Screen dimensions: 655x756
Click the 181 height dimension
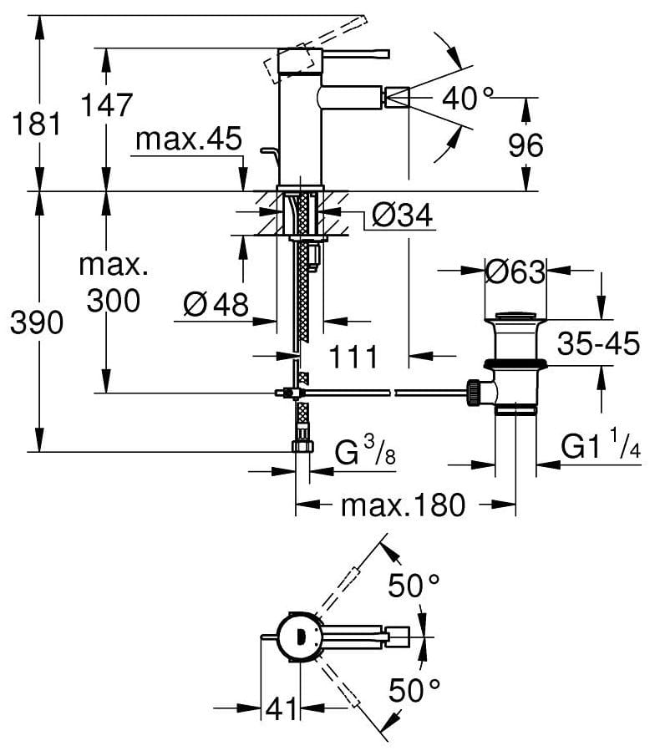coord(37,123)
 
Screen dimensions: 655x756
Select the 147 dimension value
coord(106,104)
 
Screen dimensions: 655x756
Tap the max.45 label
coord(189,139)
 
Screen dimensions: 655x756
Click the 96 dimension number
coord(526,145)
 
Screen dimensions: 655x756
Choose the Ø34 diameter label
coord(402,215)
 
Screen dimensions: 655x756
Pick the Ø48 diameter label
coord(216,305)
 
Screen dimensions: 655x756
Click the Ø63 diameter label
coord(515,272)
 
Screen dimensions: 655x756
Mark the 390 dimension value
coord(37,322)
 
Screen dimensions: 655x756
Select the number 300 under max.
coord(114,301)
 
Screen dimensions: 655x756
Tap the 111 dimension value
coord(353,358)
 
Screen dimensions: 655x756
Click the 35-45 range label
coord(598,343)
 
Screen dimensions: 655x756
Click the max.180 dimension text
coord(404,505)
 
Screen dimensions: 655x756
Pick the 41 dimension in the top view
coord(282,708)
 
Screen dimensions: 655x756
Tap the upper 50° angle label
coord(414,586)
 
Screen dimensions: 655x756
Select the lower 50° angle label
coord(414,690)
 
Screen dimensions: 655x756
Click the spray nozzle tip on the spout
coord(396,98)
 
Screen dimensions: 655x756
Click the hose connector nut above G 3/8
coord(303,445)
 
